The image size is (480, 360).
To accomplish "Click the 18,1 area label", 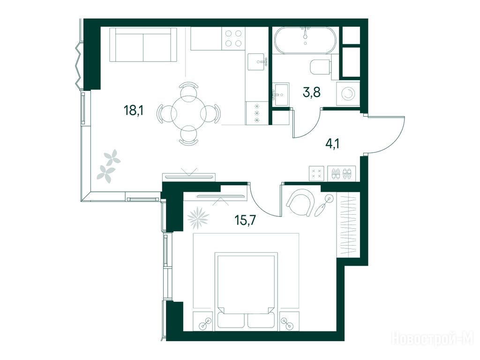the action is pos(134,110).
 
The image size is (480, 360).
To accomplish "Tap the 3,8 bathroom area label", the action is pos(312,92).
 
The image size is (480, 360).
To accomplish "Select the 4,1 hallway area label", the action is pos(333,143).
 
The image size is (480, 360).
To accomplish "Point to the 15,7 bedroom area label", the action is pos(245,220).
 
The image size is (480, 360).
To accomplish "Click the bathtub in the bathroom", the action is pos(305,40).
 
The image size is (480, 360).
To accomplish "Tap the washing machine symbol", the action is pos(348,93).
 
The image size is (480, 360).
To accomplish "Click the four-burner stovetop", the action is pos(233,38).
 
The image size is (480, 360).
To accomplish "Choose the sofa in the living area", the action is pos(143,45).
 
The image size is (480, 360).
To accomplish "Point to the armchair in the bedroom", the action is pos(300,202).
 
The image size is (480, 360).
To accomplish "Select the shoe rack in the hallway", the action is pos(342,173).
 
